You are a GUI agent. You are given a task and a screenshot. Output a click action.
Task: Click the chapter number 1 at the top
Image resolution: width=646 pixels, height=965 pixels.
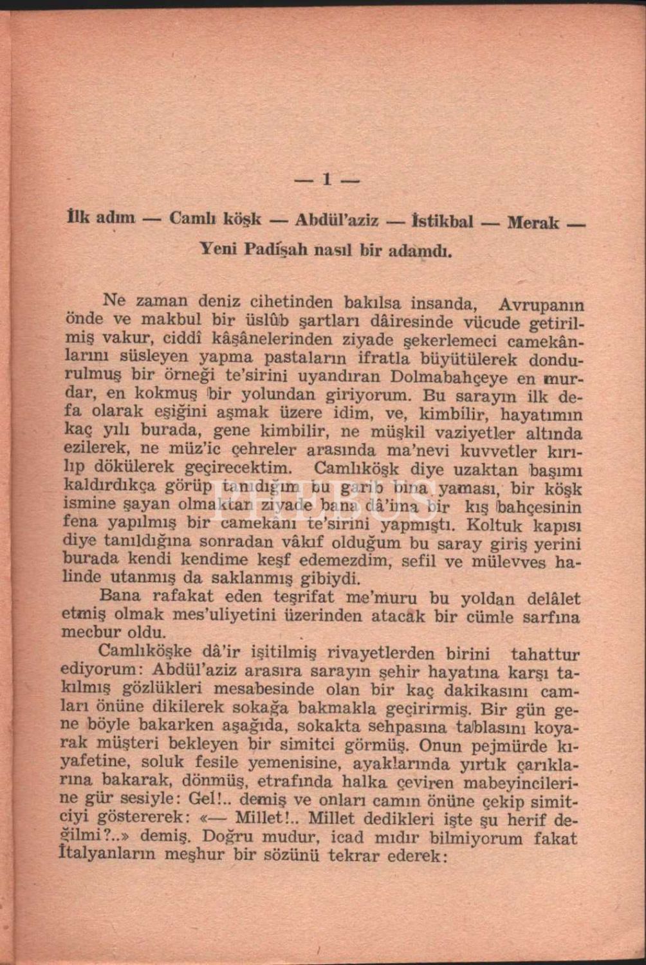point(327,179)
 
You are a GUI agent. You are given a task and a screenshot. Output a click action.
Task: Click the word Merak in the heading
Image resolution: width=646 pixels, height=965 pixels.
point(533,223)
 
